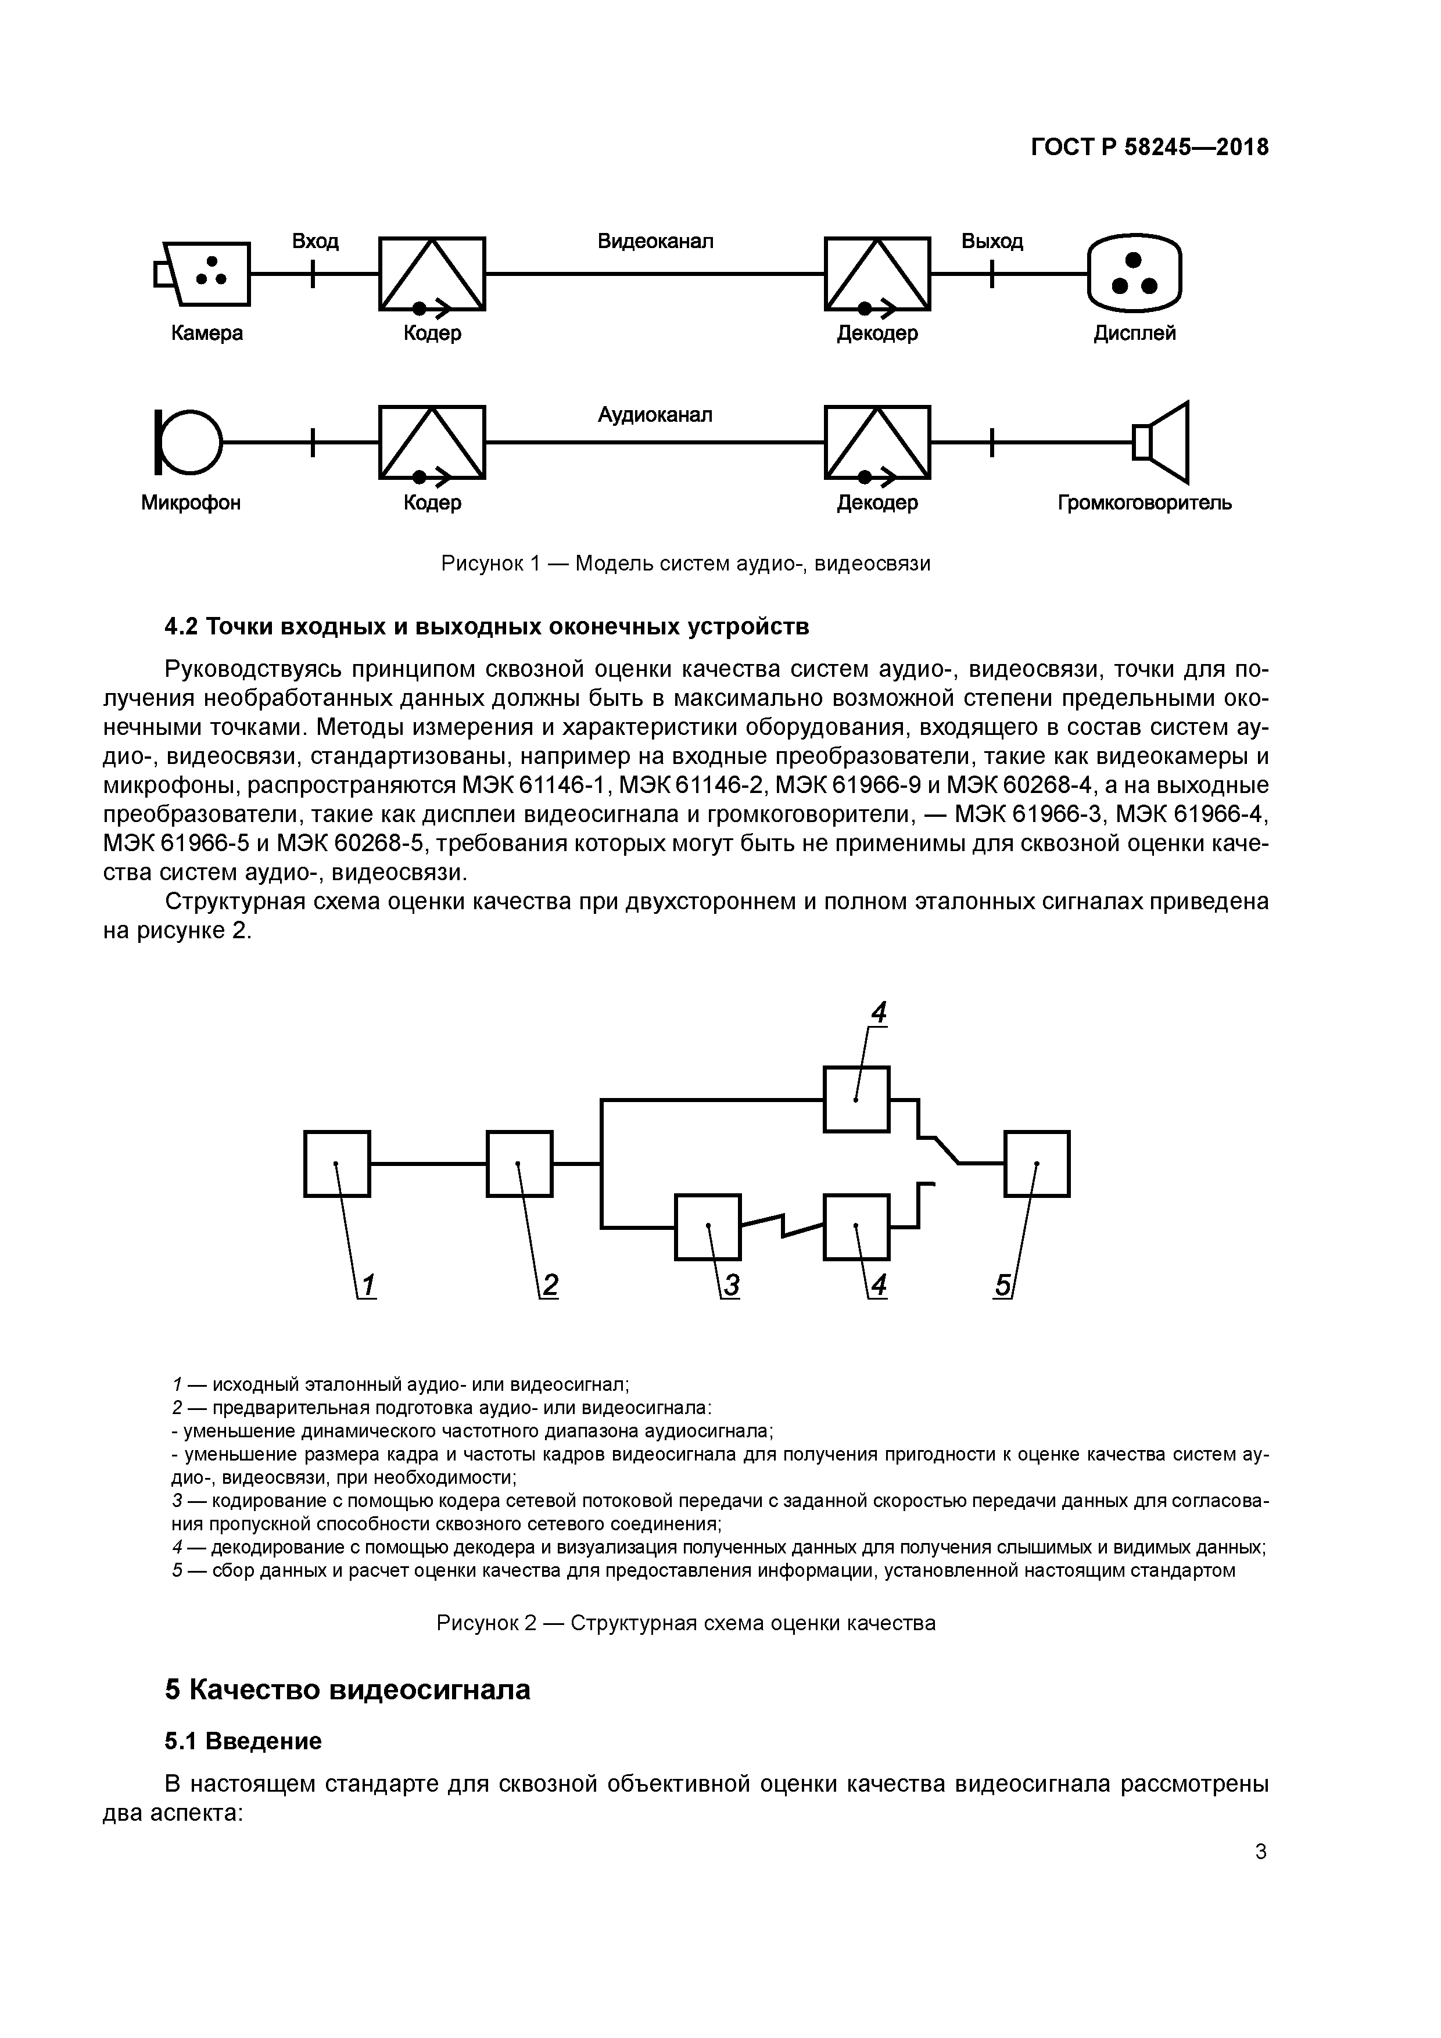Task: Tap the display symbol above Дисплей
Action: (1135, 274)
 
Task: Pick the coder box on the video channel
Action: (432, 274)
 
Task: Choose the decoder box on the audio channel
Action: (877, 441)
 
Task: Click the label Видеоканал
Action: (655, 242)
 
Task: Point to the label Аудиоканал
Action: (655, 415)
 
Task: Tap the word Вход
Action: (315, 242)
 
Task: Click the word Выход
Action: (992, 242)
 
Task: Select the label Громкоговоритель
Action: (1145, 503)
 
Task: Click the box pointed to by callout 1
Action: (336, 1164)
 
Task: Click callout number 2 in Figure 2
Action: (550, 1285)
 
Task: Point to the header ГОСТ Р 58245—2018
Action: (1150, 148)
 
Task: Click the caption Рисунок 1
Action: (686, 564)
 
